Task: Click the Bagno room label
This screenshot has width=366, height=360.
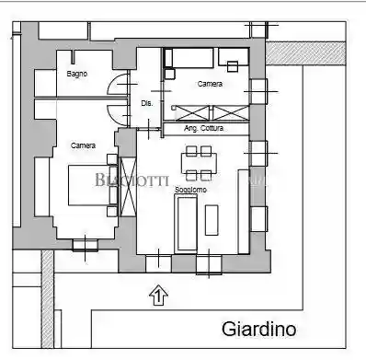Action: tap(77, 74)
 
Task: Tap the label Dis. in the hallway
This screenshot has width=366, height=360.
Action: tap(147, 104)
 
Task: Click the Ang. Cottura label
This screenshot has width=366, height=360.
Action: tap(202, 128)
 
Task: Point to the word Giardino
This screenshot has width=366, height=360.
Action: tap(259, 329)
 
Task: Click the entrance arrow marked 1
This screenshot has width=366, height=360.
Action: tap(157, 296)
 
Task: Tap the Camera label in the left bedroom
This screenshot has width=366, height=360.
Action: tap(84, 145)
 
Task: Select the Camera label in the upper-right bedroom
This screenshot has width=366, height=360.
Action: tap(211, 84)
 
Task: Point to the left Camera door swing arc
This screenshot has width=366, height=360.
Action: tap(116, 114)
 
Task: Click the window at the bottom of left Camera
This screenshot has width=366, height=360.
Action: tap(86, 243)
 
